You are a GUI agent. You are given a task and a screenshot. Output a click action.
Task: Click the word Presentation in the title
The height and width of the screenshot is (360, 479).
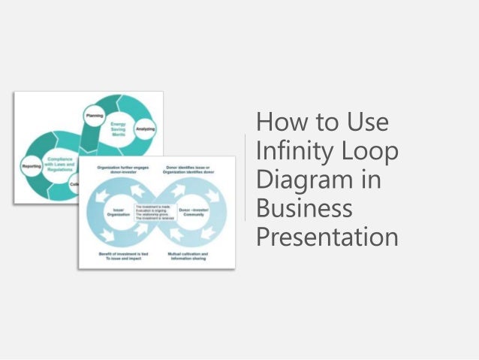(327, 237)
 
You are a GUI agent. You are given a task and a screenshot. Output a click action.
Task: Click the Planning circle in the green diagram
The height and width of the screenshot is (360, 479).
(95, 115)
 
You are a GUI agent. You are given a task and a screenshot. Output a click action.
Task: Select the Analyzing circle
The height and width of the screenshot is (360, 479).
(145, 129)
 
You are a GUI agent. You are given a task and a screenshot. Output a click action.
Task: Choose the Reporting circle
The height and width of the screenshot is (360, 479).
(32, 165)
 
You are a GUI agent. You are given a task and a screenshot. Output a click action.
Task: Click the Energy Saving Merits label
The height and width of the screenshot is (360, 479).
(117, 127)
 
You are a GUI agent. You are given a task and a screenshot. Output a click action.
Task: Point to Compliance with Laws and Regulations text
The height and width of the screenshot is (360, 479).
(59, 165)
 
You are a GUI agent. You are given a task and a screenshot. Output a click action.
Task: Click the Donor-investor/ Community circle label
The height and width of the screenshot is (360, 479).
(194, 213)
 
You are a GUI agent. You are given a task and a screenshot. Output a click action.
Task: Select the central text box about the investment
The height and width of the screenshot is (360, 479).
(156, 212)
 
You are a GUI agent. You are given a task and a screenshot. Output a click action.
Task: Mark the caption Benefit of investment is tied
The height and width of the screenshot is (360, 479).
(123, 256)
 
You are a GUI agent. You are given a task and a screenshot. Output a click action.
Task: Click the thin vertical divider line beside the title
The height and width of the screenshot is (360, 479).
(246, 178)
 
